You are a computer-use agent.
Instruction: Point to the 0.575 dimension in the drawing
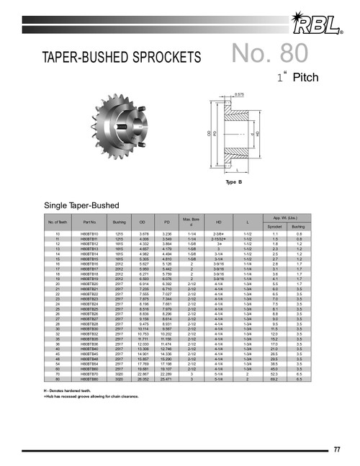(239, 96)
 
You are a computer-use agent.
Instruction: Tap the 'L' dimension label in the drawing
(238, 171)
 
